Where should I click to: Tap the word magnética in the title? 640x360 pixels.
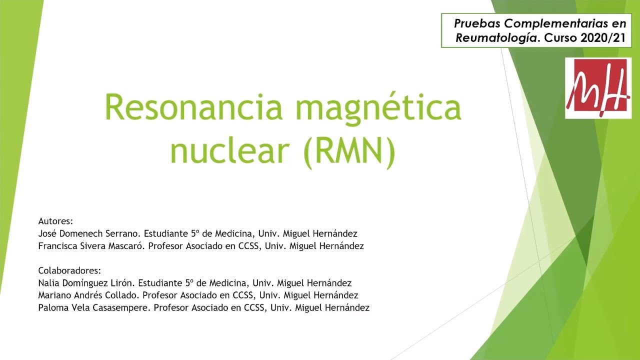pyautogui.click(x=378, y=106)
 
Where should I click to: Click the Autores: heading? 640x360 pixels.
pyautogui.click(x=55, y=221)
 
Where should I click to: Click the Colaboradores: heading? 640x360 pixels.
pyautogui.click(x=69, y=270)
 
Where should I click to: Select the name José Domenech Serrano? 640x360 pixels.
pyautogui.click(x=90, y=233)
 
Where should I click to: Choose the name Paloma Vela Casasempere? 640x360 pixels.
pyautogui.click(x=93, y=308)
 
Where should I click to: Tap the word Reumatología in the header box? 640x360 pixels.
pyautogui.click(x=498, y=38)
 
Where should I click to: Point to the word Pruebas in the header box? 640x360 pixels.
pyautogui.click(x=477, y=23)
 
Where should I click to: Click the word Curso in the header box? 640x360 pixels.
pyautogui.click(x=559, y=38)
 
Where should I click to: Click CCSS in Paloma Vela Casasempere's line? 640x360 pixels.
pyautogui.click(x=251, y=308)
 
